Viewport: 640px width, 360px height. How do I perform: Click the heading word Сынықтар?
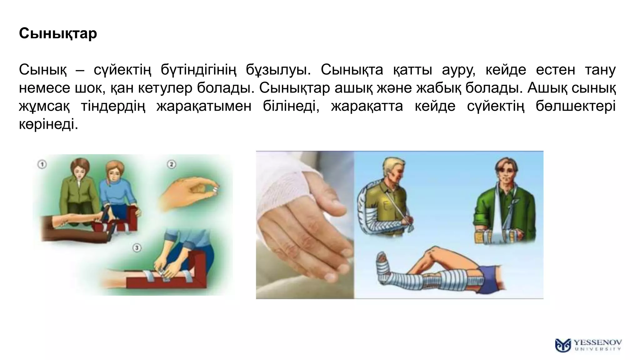(58, 33)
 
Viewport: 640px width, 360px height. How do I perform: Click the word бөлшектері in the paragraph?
(575, 106)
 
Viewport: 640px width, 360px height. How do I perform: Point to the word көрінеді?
(48, 124)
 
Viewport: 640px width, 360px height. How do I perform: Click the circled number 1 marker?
(42, 164)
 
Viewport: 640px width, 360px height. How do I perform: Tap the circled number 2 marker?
(171, 164)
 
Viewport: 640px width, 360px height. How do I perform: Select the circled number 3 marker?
(137, 248)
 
